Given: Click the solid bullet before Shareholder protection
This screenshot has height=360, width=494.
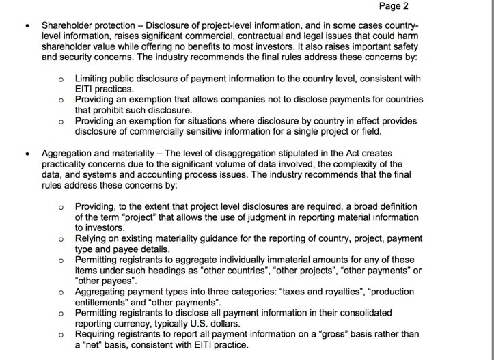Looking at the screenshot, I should click(x=26, y=26).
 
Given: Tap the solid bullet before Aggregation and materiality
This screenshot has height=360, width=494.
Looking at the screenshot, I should click(x=26, y=152).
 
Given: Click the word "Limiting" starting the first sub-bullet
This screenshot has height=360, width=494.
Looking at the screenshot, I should click(x=92, y=79).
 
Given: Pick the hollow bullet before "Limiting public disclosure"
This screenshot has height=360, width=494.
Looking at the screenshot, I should click(x=61, y=79).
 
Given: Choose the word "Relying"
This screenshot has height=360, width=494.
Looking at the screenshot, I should click(x=92, y=238).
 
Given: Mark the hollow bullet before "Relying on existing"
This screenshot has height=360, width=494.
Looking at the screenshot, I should click(x=61, y=238).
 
